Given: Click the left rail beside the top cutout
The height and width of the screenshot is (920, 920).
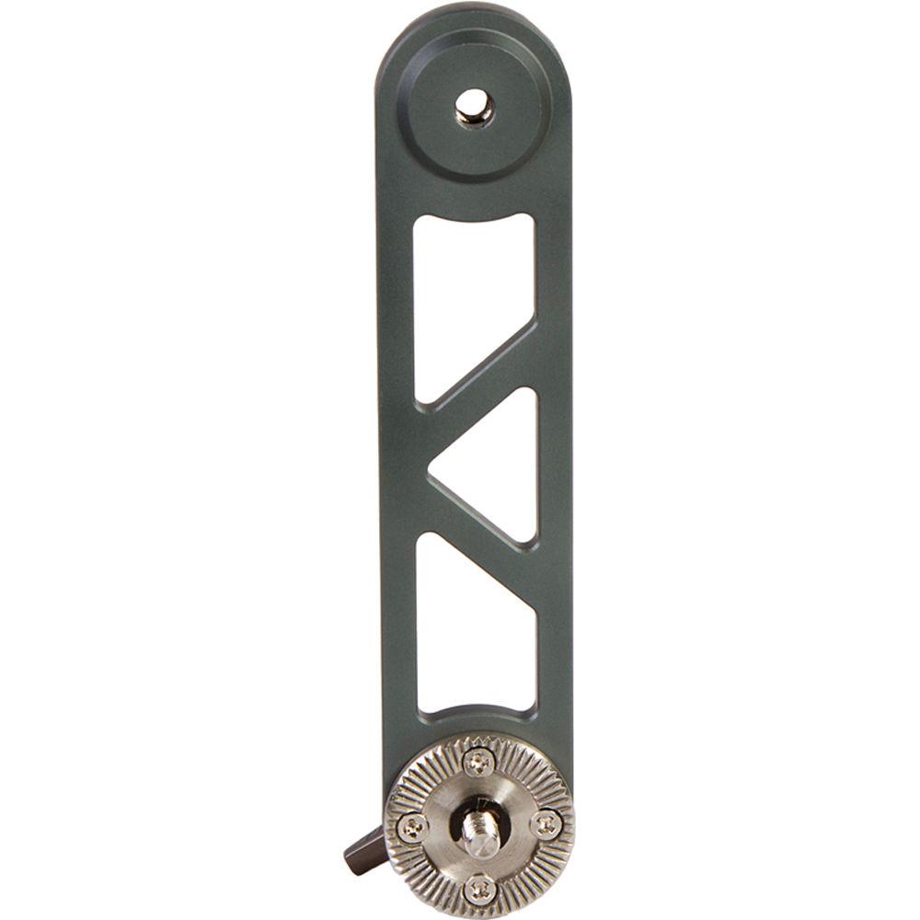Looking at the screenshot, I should tap(396, 304).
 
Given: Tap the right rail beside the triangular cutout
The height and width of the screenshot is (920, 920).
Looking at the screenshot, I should tap(554, 465).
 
